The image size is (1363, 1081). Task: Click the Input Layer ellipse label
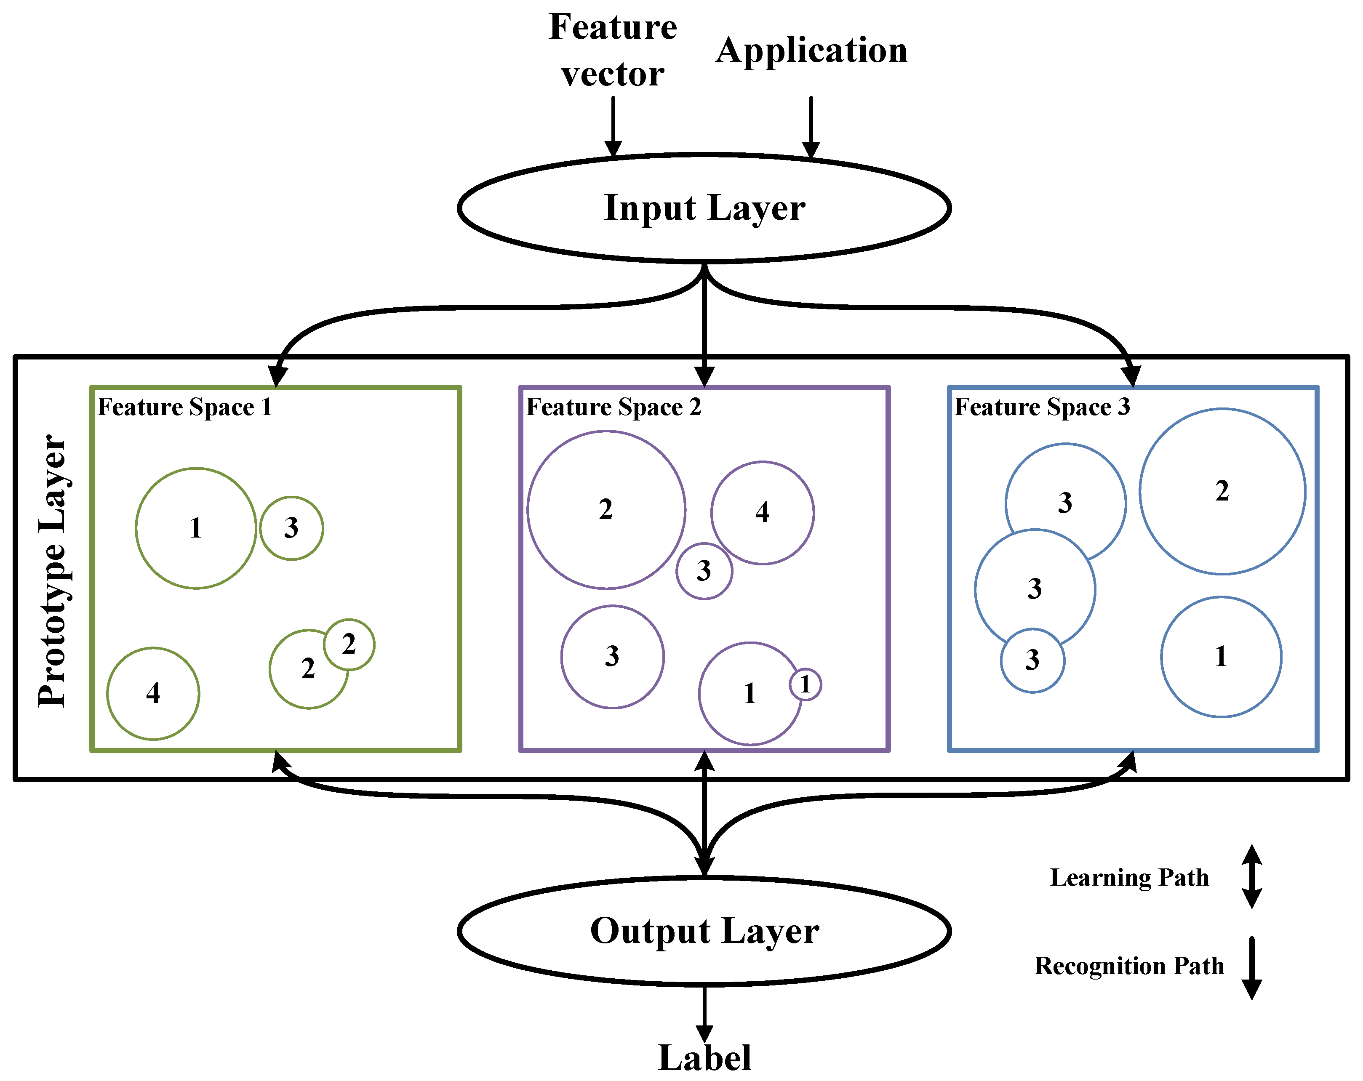(x=704, y=208)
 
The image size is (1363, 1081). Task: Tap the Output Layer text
(x=704, y=931)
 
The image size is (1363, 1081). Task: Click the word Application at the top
(x=811, y=51)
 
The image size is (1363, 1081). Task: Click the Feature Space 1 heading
(x=184, y=407)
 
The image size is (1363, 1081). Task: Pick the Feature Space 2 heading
(x=613, y=407)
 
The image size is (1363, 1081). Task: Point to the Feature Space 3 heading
(x=1042, y=407)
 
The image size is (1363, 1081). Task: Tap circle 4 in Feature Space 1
(x=153, y=693)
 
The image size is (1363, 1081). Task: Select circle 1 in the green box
(x=196, y=528)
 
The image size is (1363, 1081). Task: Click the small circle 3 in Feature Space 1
(x=291, y=528)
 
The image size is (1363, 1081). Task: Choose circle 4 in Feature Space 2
(x=763, y=513)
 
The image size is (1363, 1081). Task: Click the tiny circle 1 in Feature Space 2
(x=805, y=684)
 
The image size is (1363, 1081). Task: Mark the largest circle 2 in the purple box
(x=605, y=509)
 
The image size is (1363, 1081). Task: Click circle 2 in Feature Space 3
(x=1222, y=491)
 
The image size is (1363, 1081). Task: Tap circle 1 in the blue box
(x=1221, y=657)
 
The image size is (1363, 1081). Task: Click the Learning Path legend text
(x=1129, y=877)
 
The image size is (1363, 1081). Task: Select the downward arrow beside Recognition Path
(x=1251, y=968)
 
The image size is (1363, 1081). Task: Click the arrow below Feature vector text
(x=613, y=126)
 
